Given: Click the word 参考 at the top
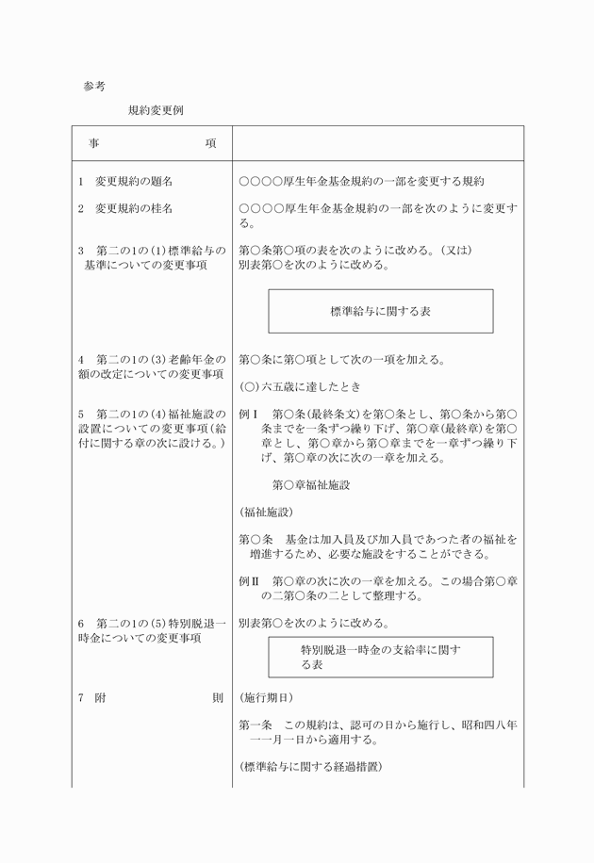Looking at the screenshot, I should pyautogui.click(x=94, y=86).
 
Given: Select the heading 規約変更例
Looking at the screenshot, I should pyautogui.click(x=156, y=110).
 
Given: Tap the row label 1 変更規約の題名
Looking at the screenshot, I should pyautogui.click(x=125, y=180).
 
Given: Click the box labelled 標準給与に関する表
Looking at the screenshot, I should pyautogui.click(x=380, y=310).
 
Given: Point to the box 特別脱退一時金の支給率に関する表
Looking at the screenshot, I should pyautogui.click(x=380, y=657).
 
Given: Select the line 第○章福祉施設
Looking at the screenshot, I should pyautogui.click(x=310, y=485).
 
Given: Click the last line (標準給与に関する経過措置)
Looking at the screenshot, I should pyautogui.click(x=310, y=768).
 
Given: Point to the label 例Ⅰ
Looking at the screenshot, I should pyautogui.click(x=249, y=415).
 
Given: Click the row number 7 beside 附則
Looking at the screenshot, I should pyautogui.click(x=82, y=698).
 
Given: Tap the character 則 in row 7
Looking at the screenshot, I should pyautogui.click(x=217, y=698).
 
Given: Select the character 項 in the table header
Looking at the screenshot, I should pyautogui.click(x=209, y=144).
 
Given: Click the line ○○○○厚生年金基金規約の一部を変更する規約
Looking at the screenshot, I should pyautogui.click(x=361, y=180).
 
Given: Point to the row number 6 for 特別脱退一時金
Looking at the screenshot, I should pyautogui.click(x=82, y=624).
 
